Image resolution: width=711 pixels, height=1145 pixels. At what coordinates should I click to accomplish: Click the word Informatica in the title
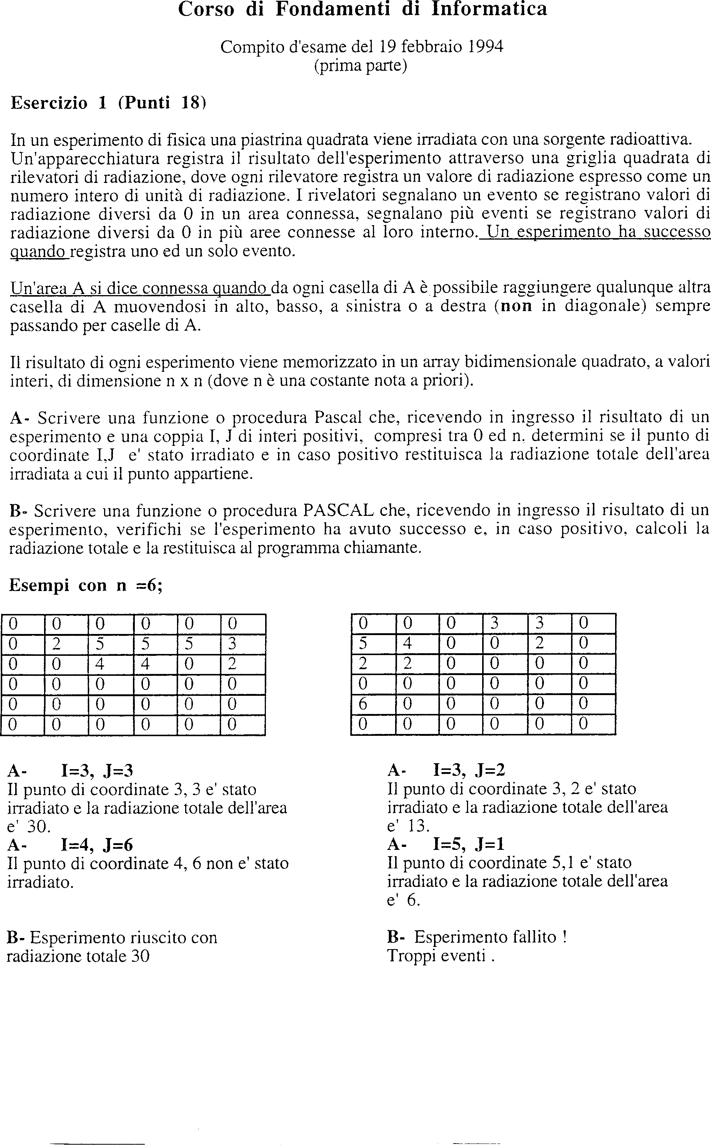click(x=489, y=9)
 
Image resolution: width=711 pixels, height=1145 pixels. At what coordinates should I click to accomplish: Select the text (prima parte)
click(x=360, y=66)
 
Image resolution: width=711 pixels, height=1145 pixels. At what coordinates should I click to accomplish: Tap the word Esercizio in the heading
click(x=49, y=103)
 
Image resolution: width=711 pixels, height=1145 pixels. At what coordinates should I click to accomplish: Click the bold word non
click(x=516, y=306)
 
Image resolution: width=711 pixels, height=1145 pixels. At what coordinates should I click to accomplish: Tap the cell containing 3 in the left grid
click(x=232, y=644)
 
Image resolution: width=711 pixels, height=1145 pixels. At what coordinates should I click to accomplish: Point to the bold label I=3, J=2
click(x=468, y=770)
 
